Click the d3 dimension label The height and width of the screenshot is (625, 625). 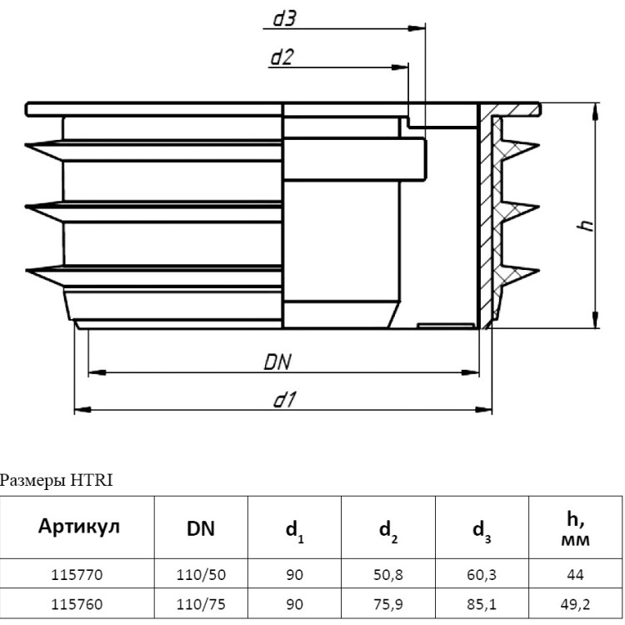click(284, 18)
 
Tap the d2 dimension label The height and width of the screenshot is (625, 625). click(282, 57)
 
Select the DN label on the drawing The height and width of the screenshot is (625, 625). click(277, 362)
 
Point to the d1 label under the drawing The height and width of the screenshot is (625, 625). click(285, 399)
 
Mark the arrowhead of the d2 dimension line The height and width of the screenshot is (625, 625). click(400, 67)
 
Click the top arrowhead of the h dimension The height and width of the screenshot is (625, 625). click(596, 112)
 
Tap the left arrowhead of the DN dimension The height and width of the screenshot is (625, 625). click(97, 372)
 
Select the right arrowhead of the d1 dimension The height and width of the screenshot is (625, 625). click(483, 409)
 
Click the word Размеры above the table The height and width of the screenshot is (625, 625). click(32, 481)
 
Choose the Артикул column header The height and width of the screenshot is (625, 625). click(79, 526)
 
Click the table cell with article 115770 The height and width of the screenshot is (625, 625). click(77, 575)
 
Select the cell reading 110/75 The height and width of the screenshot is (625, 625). click(201, 604)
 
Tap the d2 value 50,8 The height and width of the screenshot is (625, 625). click(388, 575)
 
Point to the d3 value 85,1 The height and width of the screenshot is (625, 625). click(482, 605)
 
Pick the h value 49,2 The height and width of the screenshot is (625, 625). click(575, 605)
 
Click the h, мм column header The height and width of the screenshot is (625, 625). click(575, 528)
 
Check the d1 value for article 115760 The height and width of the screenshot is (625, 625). click(294, 604)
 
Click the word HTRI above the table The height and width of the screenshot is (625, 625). click(92, 480)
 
